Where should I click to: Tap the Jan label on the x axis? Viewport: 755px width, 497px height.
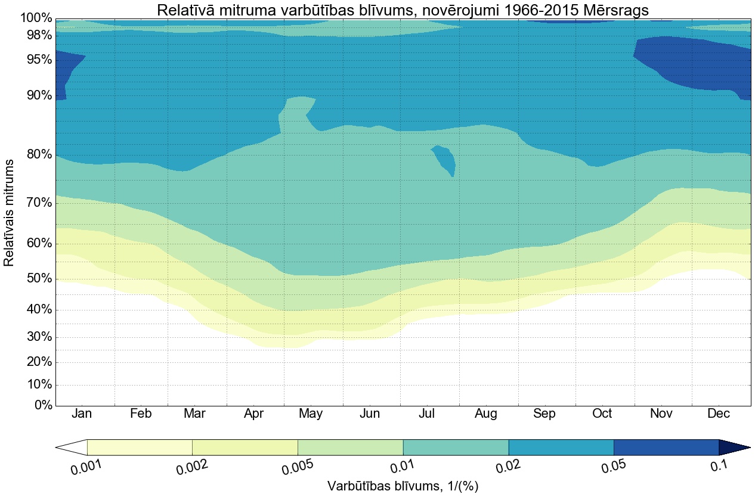(x=82, y=414)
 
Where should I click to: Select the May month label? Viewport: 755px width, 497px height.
(x=311, y=414)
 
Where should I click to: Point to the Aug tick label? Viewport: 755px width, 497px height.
(x=486, y=414)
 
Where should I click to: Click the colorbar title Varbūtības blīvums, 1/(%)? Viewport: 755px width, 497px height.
(x=403, y=486)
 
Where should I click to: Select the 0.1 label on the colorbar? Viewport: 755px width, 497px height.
(x=720, y=466)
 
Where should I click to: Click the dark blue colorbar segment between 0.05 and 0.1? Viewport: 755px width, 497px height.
(x=666, y=448)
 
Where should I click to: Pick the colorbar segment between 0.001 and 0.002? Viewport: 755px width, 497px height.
(x=140, y=448)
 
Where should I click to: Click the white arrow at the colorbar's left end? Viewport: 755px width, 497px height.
(x=71, y=448)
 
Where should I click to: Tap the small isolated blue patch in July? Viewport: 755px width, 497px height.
(x=445, y=159)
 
